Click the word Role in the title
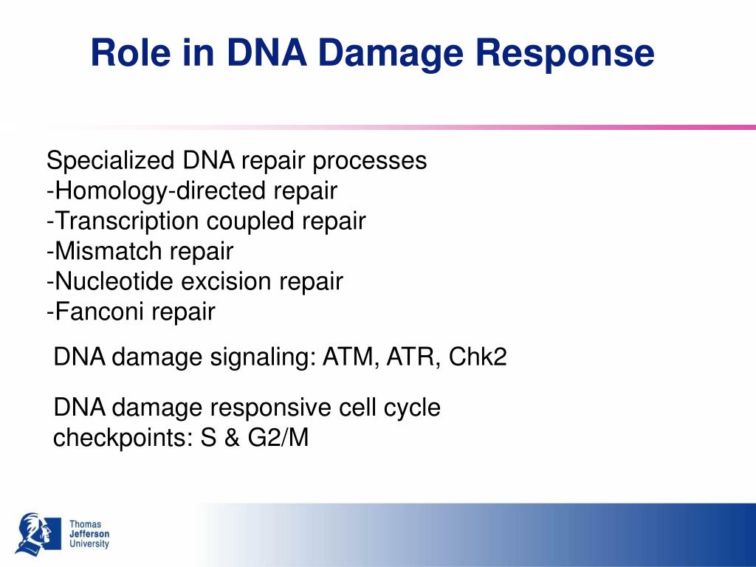130,52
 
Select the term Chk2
478,357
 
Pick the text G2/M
278,438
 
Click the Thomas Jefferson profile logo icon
38,533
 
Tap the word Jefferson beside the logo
89,534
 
